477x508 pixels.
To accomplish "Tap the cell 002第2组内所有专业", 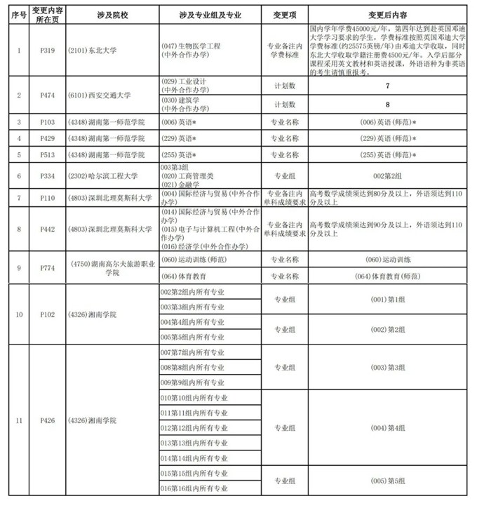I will pyautogui.click(x=193, y=292).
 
